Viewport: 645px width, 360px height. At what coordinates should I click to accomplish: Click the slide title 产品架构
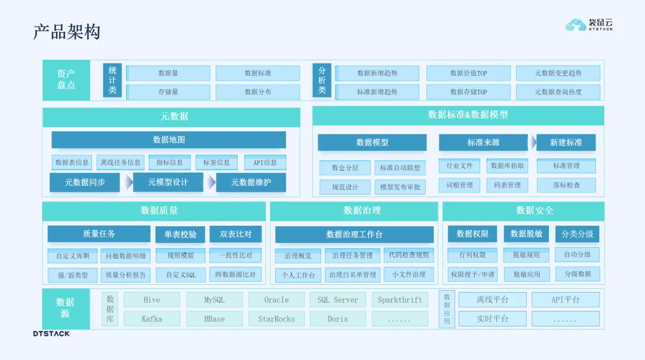pyautogui.click(x=67, y=32)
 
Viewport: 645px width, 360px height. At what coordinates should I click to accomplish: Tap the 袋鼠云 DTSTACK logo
pyautogui.click(x=589, y=24)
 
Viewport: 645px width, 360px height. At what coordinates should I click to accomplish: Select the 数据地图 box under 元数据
pyautogui.click(x=168, y=140)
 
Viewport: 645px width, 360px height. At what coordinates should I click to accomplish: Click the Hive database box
pyautogui.click(x=152, y=300)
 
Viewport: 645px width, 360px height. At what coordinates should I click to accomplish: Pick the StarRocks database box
pyautogui.click(x=277, y=319)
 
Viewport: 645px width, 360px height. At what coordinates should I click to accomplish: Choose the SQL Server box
pyautogui.click(x=337, y=300)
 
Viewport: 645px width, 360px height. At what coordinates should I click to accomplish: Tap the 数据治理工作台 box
pyautogui.click(x=354, y=234)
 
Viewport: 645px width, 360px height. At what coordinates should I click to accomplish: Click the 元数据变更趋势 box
pyautogui.click(x=558, y=73)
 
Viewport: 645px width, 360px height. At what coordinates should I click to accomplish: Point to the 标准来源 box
pyautogui.click(x=483, y=142)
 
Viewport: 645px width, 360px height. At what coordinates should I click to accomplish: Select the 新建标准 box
pyautogui.click(x=566, y=142)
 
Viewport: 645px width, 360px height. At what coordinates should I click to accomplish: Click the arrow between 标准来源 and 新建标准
pyautogui.click(x=532, y=142)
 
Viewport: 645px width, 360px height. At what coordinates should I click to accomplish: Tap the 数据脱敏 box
pyautogui.click(x=526, y=233)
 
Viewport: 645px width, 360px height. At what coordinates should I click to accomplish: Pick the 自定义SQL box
pyautogui.click(x=180, y=275)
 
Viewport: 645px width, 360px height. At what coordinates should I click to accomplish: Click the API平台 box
pyautogui.click(x=565, y=300)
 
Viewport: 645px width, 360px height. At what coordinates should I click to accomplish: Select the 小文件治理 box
pyautogui.click(x=409, y=274)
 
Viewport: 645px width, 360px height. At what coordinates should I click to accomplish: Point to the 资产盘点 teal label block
pyautogui.click(x=66, y=79)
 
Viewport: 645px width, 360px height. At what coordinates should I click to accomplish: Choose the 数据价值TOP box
pyautogui.click(x=468, y=73)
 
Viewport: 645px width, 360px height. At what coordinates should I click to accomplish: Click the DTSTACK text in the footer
pyautogui.click(x=51, y=333)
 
